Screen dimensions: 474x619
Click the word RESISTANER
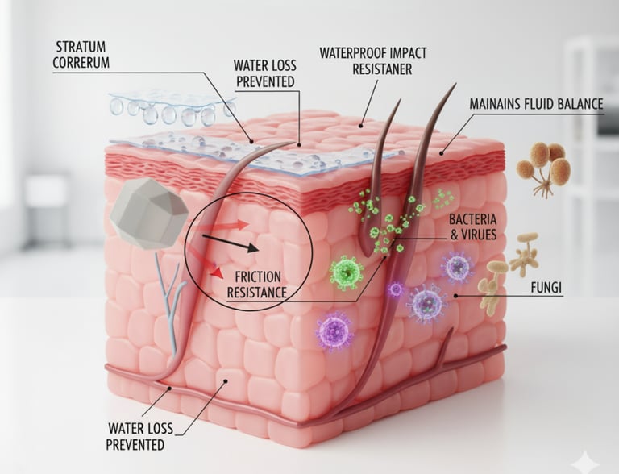click(x=382, y=69)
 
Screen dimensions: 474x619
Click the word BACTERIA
click(x=472, y=219)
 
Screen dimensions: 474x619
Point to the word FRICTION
click(x=259, y=276)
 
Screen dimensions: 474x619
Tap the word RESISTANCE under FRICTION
click(x=256, y=292)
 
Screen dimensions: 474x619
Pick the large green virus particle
click(x=347, y=272)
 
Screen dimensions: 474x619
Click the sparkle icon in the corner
click(x=584, y=461)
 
